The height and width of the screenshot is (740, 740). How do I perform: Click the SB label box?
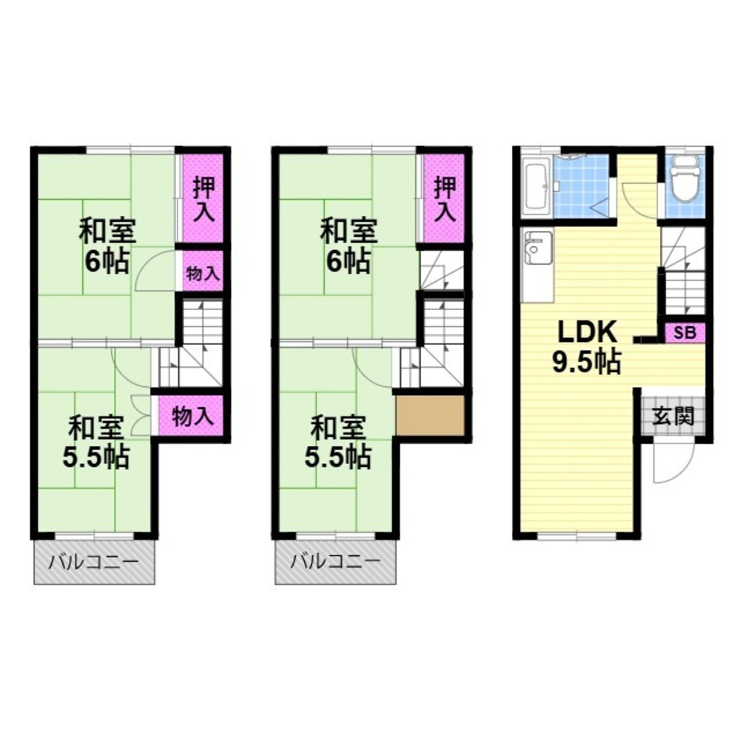click(x=684, y=333)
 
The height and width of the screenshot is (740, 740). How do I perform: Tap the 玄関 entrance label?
click(x=673, y=416)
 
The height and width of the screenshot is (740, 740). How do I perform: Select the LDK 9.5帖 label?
click(x=587, y=347)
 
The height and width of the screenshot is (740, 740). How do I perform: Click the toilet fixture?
click(x=687, y=179)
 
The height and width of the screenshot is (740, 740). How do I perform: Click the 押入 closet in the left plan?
click(x=203, y=198)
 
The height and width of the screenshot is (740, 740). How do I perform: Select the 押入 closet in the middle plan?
click(x=443, y=198)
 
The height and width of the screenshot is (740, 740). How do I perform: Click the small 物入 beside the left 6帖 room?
click(x=203, y=272)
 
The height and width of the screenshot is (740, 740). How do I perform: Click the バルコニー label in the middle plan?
click(x=335, y=562)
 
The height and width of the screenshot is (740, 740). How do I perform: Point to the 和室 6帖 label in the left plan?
click(x=107, y=246)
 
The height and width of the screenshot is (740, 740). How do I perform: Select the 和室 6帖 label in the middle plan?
click(x=349, y=246)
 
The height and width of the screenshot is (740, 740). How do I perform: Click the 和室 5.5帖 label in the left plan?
click(x=96, y=443)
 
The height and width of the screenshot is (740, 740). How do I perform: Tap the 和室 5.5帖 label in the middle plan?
click(x=338, y=443)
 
